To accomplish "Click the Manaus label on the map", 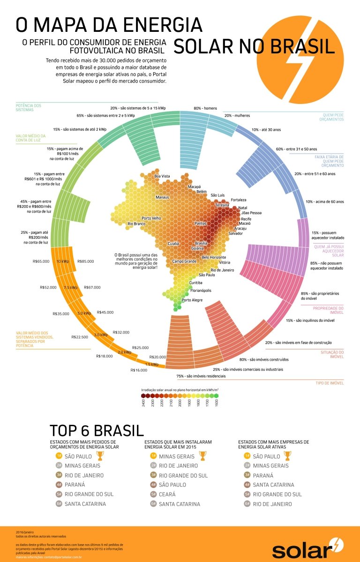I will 162,197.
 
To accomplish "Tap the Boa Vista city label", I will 162,176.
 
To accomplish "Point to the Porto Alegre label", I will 192,300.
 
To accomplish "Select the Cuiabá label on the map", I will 173,244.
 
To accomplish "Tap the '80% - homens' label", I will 205,108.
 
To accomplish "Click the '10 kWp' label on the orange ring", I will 63,261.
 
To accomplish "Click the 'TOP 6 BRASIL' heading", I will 96,430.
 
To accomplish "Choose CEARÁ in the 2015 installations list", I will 167,494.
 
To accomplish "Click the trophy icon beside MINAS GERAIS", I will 202,456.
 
